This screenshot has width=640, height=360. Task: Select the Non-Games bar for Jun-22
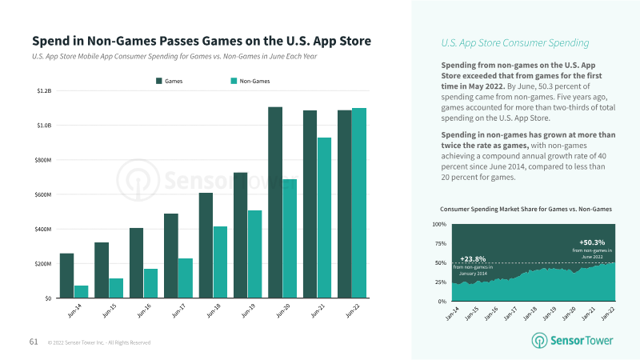click(358, 203)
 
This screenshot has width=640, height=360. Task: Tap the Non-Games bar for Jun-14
click(81, 291)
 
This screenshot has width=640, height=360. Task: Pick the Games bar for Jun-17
click(171, 255)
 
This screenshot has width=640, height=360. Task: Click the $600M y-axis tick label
click(43, 194)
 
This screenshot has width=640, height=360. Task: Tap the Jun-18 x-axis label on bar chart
click(215, 311)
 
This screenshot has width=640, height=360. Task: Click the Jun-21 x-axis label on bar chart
click(319, 311)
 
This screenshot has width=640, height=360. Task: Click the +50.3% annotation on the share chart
click(592, 242)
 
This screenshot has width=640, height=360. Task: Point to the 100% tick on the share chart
click(439, 224)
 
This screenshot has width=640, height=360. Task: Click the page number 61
click(34, 342)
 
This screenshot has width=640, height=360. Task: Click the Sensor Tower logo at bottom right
click(573, 340)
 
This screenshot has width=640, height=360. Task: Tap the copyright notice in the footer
click(99, 342)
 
